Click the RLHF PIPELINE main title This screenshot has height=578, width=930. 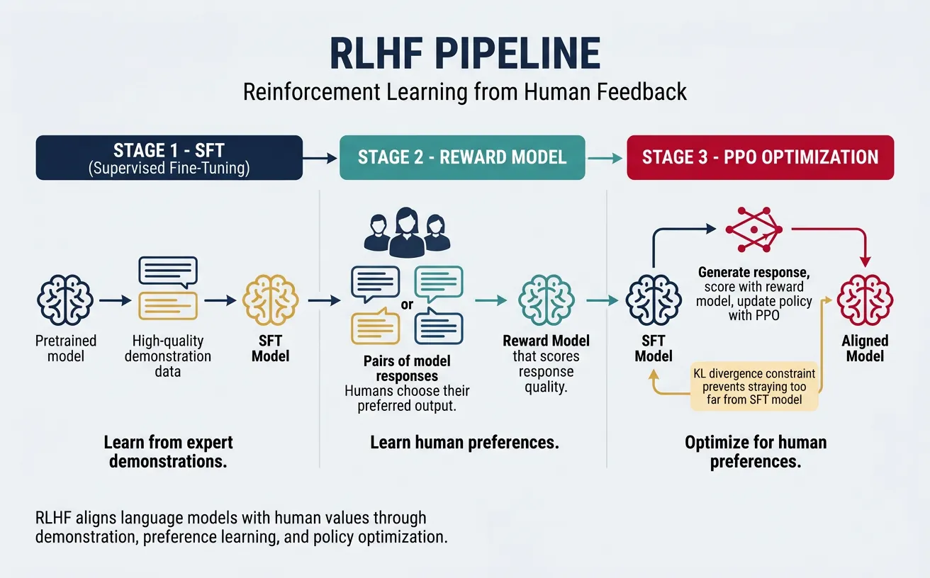point(465,54)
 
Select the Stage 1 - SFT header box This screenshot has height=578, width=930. point(169,158)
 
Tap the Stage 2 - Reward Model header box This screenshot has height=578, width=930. point(462,157)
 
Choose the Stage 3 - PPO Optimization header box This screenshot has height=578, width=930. point(760,157)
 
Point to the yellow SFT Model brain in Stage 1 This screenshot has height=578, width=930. point(270,301)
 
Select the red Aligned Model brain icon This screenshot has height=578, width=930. point(865,301)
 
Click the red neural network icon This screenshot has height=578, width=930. point(753,229)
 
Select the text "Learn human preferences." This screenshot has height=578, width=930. point(464,443)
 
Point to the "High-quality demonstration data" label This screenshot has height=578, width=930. point(168,356)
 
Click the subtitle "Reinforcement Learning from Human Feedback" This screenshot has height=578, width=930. point(465,92)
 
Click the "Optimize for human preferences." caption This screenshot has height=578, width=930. point(756,452)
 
